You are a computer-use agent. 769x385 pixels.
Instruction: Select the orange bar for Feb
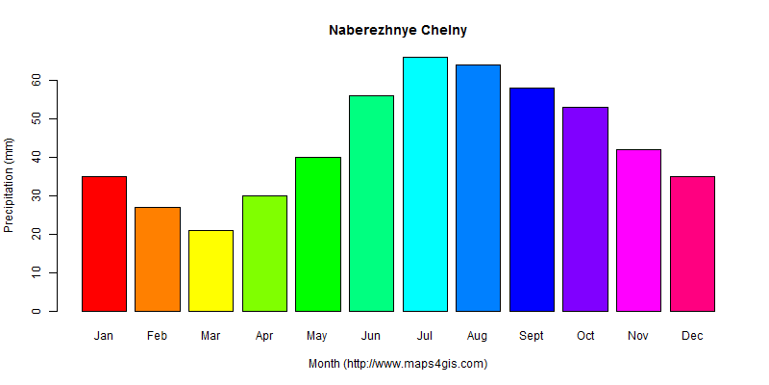(158, 259)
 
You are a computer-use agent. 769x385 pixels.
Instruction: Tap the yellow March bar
(211, 270)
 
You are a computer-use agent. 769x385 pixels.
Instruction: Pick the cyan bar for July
(425, 184)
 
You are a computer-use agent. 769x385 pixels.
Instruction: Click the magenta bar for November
(638, 230)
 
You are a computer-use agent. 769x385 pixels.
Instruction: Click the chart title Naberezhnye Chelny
(398, 30)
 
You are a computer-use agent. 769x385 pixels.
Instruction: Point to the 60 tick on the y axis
(36, 80)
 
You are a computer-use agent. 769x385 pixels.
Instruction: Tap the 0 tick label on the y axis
(36, 311)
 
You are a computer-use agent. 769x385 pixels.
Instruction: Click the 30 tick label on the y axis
(36, 195)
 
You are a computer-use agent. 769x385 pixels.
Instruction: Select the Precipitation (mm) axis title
(10, 185)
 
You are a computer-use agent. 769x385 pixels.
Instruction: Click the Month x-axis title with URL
(398, 364)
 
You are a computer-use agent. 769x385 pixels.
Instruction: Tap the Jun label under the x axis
(371, 336)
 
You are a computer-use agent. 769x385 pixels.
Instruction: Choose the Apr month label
(264, 336)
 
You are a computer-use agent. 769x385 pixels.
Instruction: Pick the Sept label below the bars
(532, 336)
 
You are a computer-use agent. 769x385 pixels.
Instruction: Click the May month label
(318, 336)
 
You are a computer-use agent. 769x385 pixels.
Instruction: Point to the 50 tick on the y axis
(36, 118)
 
